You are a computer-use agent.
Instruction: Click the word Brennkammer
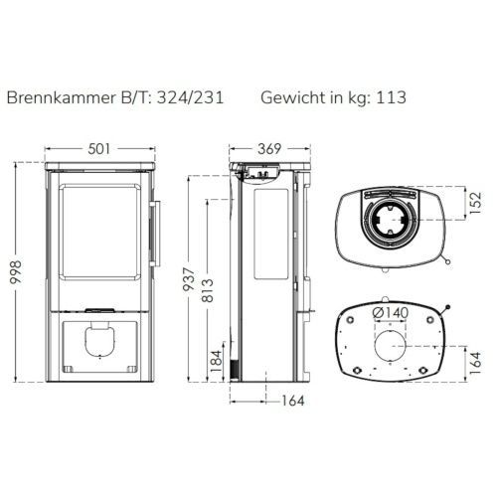[x=61, y=97]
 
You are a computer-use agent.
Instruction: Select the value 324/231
[x=190, y=97]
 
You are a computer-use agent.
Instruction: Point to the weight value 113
[x=391, y=97]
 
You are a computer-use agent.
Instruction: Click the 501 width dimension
[x=99, y=149]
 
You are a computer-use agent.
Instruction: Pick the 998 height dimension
[x=16, y=272]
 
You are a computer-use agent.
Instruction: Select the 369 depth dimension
[x=269, y=149]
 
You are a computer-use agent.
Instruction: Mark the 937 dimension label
[x=189, y=279]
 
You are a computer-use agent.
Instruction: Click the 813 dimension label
[x=208, y=290]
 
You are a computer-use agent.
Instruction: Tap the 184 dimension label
[x=216, y=361]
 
